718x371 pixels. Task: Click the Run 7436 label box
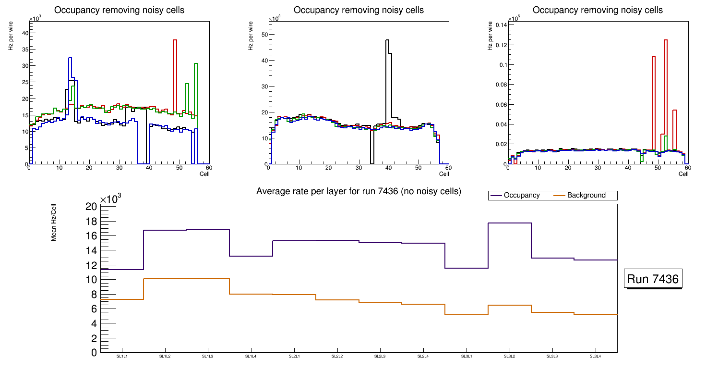click(x=654, y=279)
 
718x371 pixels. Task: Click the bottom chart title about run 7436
click(x=359, y=191)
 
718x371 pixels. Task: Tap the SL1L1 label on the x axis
click(x=122, y=356)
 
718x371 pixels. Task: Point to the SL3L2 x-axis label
click(x=509, y=356)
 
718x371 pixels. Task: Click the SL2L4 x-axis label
click(x=423, y=356)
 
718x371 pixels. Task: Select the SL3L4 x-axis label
click(x=595, y=356)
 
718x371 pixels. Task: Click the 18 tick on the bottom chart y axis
click(x=92, y=221)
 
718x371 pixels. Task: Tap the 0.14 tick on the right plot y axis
click(x=501, y=25)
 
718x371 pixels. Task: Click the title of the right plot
click(x=598, y=10)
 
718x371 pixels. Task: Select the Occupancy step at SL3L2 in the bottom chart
click(x=509, y=223)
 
